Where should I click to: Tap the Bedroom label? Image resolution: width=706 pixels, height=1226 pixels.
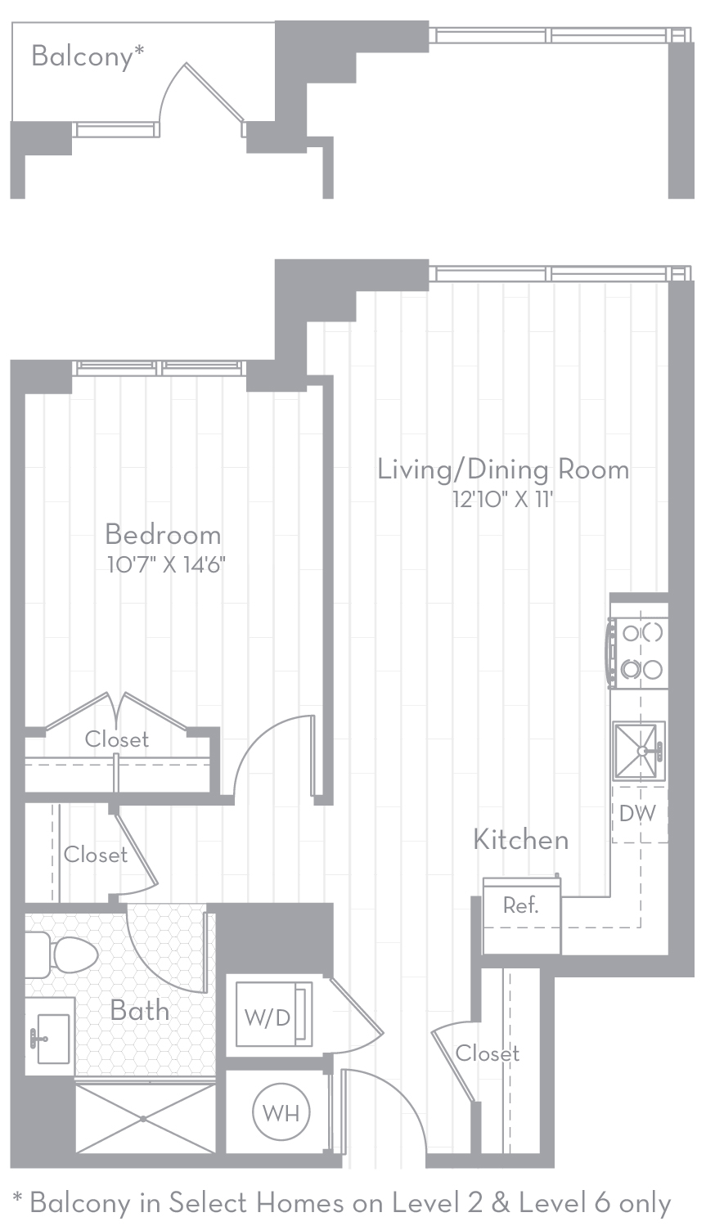coord(163,535)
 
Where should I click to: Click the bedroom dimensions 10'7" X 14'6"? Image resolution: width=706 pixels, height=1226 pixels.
coord(165,564)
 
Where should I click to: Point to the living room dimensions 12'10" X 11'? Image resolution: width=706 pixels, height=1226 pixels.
coord(502,499)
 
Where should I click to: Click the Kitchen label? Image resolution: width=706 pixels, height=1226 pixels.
coord(520,839)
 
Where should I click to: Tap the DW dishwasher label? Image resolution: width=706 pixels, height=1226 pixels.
coord(637,814)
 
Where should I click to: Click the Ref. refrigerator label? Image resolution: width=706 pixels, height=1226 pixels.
coord(520,905)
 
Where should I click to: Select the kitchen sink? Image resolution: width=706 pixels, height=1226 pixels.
coord(639,750)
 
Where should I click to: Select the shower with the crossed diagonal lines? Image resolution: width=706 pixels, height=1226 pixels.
coord(145,1118)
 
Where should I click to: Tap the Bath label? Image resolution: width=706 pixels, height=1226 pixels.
coord(140,1010)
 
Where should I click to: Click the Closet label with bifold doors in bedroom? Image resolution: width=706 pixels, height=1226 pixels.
coord(117,739)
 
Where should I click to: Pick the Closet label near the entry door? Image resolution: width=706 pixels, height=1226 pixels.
coord(488,1053)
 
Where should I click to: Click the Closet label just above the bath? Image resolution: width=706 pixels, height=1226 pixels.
coord(96,855)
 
